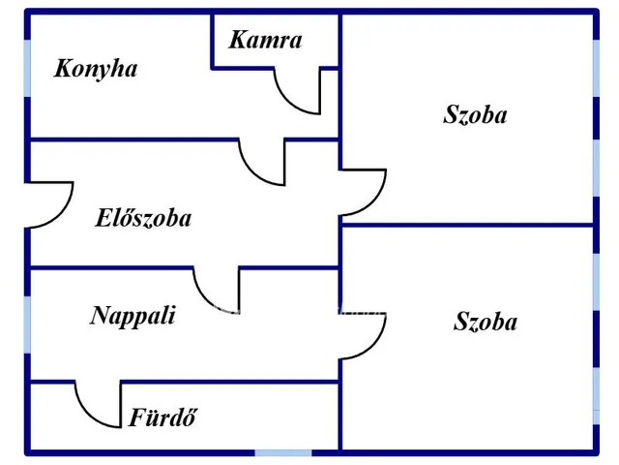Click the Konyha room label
pyautogui.click(x=96, y=69)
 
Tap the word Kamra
pyautogui.click(x=265, y=40)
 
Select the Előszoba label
pyautogui.click(x=143, y=218)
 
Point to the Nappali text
pyautogui.click(x=133, y=315)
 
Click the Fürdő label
pyautogui.click(x=162, y=418)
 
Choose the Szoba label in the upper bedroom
pyautogui.click(x=475, y=114)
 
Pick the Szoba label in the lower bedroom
pyautogui.click(x=485, y=322)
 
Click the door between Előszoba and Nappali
pyautogui.click(x=218, y=287)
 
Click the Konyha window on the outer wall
pyautogui.click(x=27, y=68)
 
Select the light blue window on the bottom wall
pyautogui.click(x=283, y=452)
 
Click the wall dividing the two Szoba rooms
pyautogui.click(x=466, y=225)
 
